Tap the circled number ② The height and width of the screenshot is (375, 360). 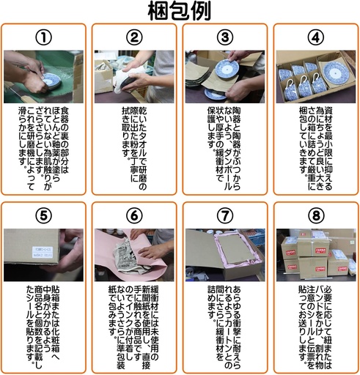pyautogui.click(x=134, y=37)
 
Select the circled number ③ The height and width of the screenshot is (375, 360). pyautogui.click(x=225, y=37)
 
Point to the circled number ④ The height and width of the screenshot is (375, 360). pyautogui.click(x=315, y=37)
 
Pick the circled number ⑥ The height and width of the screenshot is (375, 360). pyautogui.click(x=134, y=216)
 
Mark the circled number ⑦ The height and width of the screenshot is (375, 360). pyautogui.click(x=225, y=216)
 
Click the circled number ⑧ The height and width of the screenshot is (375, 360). pyautogui.click(x=315, y=216)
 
